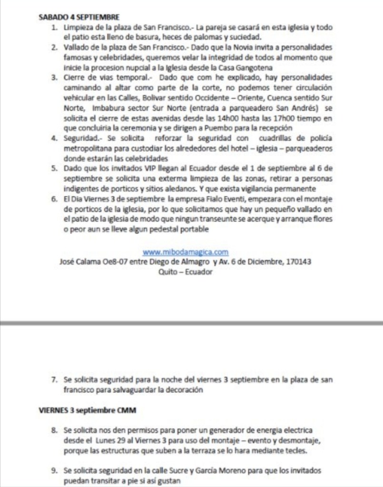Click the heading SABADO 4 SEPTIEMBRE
tap(72, 17)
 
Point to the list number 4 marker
tap(54, 138)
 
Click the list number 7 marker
tap(54, 380)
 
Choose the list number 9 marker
tap(54, 470)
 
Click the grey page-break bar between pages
tap(191, 324)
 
